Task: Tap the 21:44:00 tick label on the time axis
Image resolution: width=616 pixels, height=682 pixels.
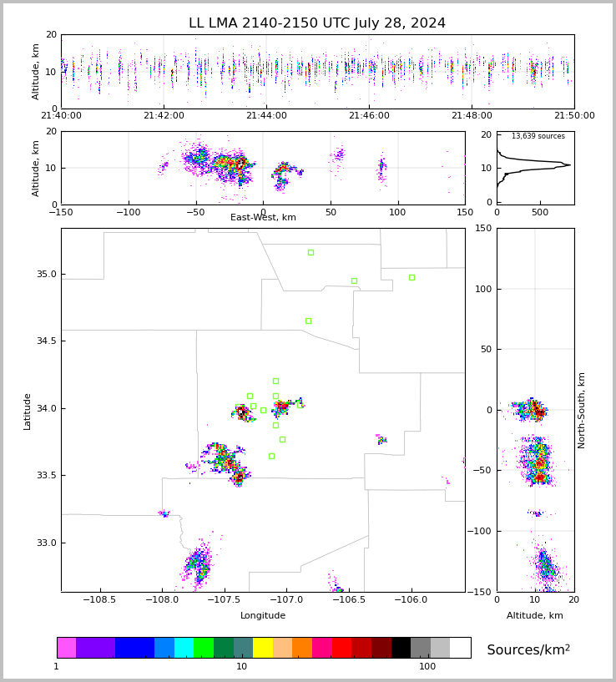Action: tap(266, 115)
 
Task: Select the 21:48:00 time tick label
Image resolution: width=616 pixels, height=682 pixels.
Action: tap(472, 115)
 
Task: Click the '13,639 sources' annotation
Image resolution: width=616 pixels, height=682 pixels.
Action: tap(538, 136)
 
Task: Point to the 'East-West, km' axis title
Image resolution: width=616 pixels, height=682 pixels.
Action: tap(263, 217)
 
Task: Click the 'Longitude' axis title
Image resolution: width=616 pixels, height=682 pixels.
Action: tap(263, 615)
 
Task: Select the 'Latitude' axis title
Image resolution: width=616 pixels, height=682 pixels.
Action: tap(27, 412)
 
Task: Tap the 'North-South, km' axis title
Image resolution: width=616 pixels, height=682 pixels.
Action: tap(581, 411)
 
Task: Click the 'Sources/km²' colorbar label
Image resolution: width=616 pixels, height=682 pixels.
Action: tap(528, 649)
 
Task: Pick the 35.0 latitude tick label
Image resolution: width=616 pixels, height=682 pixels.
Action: tap(47, 274)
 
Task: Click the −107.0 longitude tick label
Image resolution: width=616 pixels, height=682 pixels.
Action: tap(286, 599)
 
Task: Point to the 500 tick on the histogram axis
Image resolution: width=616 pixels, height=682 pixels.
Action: tap(540, 212)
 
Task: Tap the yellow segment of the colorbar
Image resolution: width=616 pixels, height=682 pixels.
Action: tap(263, 648)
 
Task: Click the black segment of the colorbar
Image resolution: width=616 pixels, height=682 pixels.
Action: tap(401, 648)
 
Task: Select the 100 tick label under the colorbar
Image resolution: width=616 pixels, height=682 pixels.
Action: tap(427, 666)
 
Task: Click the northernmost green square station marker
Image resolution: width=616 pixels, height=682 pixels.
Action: tap(311, 253)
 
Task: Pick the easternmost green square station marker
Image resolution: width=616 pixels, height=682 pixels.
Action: tap(412, 277)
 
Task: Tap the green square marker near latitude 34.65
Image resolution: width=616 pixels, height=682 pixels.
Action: tap(308, 321)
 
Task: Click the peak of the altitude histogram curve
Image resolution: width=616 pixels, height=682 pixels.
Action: tap(570, 164)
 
